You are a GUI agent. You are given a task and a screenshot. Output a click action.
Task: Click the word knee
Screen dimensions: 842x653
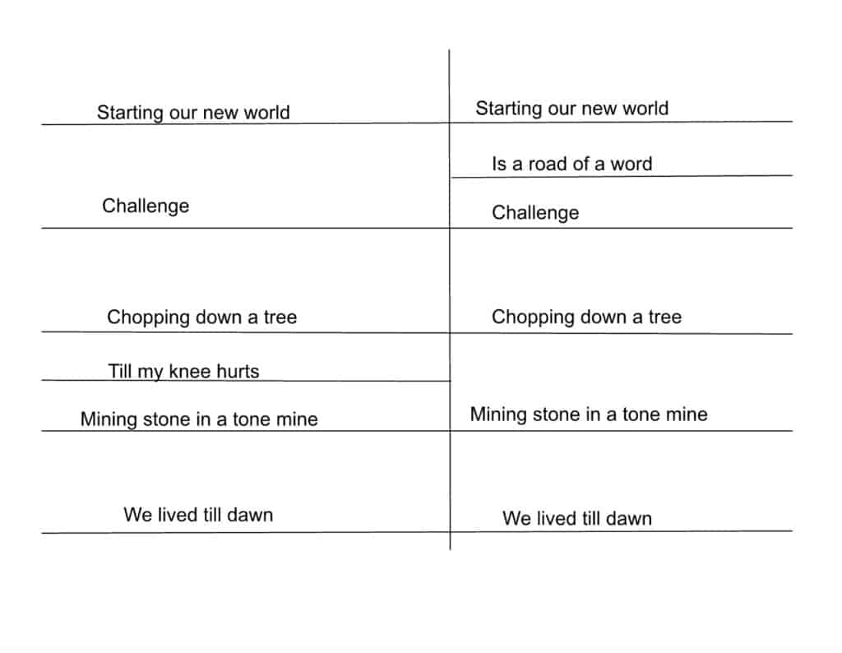point(190,371)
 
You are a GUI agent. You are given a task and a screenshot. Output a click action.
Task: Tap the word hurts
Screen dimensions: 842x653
point(238,371)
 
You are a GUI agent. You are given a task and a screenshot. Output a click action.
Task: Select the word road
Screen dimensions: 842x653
point(548,164)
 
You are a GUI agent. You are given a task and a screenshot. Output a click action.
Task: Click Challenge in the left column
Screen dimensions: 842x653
point(146,206)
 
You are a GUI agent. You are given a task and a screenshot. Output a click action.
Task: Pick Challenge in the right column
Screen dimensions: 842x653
point(535,213)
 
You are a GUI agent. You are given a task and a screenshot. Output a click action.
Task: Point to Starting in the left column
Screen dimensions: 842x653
point(130,113)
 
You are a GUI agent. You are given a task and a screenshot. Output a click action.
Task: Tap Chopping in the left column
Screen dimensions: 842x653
point(148,317)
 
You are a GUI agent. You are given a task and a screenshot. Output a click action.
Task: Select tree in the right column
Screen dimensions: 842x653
point(664,317)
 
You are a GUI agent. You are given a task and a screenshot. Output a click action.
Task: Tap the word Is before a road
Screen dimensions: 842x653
point(499,164)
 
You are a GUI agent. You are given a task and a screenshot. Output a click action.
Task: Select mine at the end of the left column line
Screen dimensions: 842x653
point(296,419)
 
